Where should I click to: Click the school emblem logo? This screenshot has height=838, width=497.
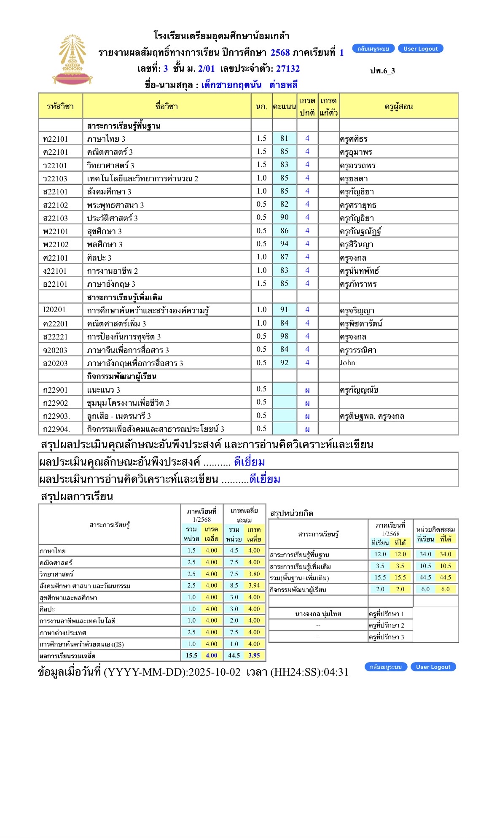coord(72,59)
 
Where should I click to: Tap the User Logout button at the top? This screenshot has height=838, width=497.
coord(420,49)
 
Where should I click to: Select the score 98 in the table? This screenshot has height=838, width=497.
coord(285,336)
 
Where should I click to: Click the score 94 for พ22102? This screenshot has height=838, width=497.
coord(285,244)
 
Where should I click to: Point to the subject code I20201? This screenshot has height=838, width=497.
coord(55,310)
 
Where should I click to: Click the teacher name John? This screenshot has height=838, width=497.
coord(348,363)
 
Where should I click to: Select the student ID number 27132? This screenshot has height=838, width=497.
coord(288,69)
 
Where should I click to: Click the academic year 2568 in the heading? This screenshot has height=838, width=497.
coord(280,53)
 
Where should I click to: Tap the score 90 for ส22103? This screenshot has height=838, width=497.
coord(285,217)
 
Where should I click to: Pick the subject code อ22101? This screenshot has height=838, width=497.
coord(55,284)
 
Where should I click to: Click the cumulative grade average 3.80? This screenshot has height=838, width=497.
coord(254,574)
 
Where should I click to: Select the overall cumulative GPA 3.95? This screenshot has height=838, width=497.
coord(254,655)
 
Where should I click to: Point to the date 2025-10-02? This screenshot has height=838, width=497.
coord(215,672)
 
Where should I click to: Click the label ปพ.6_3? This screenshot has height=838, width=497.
coord(382,70)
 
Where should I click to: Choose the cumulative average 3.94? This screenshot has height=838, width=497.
coord(254,585)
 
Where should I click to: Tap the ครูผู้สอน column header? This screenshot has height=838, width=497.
coord(398,106)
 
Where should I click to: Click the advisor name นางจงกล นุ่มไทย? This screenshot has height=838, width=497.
coord(318,614)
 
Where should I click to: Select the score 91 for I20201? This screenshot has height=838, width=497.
coord(285,310)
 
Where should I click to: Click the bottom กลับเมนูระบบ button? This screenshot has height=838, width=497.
coord(385,667)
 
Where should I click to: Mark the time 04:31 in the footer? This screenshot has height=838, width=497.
coord(336,672)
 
